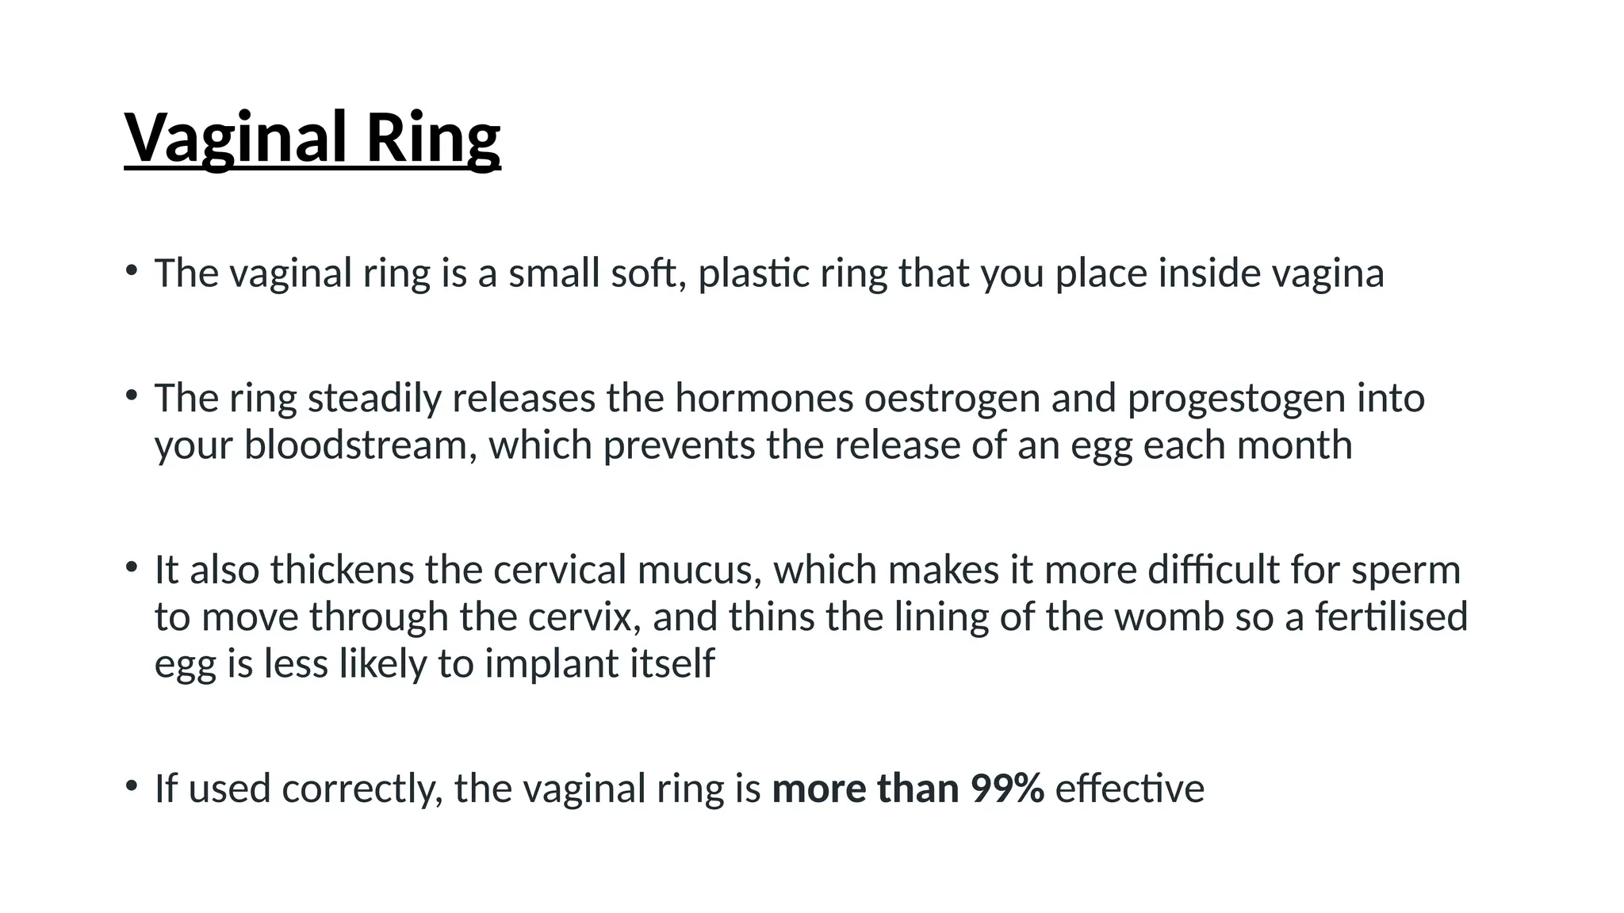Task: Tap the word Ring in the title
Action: click(x=433, y=137)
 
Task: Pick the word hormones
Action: click(x=764, y=399)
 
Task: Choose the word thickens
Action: click(x=343, y=570)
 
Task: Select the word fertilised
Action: click(x=1392, y=617)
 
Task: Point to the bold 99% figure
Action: click(x=1007, y=789)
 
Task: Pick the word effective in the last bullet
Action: click(x=1130, y=789)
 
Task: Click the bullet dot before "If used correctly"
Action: click(x=131, y=786)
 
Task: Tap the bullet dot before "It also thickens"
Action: click(x=131, y=567)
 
